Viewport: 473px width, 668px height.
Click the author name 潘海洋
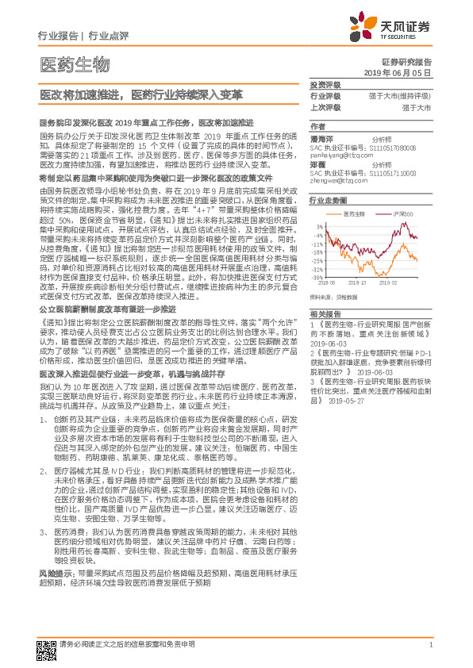click(x=321, y=137)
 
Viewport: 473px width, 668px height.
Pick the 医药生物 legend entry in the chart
click(x=356, y=214)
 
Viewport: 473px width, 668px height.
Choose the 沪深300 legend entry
click(x=405, y=214)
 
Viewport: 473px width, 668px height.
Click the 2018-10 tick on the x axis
click(x=357, y=282)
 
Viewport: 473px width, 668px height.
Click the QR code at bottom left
click(x=46, y=647)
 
